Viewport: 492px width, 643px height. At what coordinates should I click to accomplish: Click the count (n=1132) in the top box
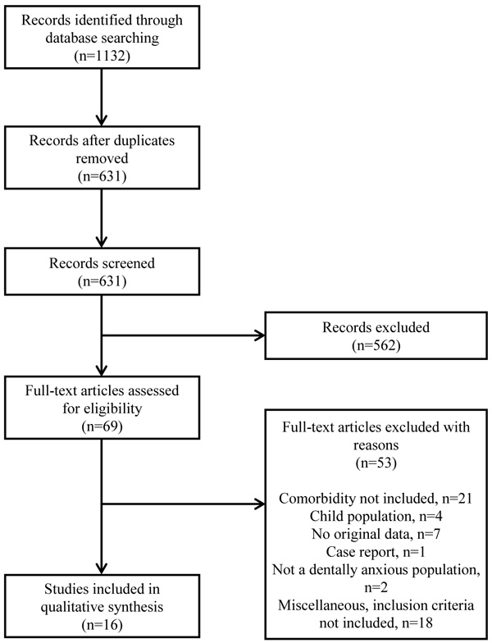tap(102, 56)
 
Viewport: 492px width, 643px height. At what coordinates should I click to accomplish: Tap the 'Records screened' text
tap(102, 262)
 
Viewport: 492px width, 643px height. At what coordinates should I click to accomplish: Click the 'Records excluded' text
tap(376, 326)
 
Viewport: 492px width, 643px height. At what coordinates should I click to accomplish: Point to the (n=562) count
tap(376, 345)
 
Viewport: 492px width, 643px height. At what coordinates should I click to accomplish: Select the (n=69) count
tap(102, 426)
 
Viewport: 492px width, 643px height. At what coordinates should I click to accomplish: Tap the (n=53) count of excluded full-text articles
tap(376, 463)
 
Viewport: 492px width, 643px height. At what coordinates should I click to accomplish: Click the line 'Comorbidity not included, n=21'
tap(376, 499)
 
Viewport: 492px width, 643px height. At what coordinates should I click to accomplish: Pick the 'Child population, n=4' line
tap(376, 516)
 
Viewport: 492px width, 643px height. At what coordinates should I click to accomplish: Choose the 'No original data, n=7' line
tap(376, 534)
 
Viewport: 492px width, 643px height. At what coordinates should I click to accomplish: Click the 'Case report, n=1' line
tap(376, 552)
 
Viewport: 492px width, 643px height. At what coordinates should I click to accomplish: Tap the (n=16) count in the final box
tap(102, 625)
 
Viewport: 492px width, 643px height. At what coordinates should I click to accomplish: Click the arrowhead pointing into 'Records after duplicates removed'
tap(102, 120)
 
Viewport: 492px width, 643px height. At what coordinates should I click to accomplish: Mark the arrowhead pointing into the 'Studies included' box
tap(102, 568)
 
